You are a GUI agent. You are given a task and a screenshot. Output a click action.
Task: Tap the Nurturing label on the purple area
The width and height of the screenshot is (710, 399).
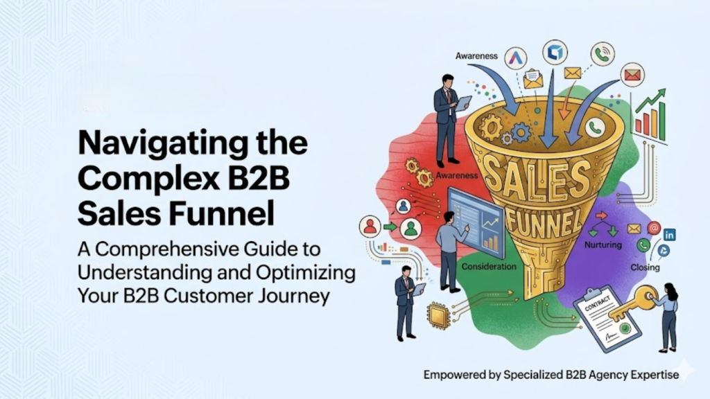[603, 245]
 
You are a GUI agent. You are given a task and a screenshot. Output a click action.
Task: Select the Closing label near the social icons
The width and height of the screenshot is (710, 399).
[645, 267]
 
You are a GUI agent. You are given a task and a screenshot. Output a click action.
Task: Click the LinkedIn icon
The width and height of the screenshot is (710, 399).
[669, 235]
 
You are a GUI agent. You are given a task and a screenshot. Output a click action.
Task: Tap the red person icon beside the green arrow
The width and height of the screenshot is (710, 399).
[370, 227]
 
